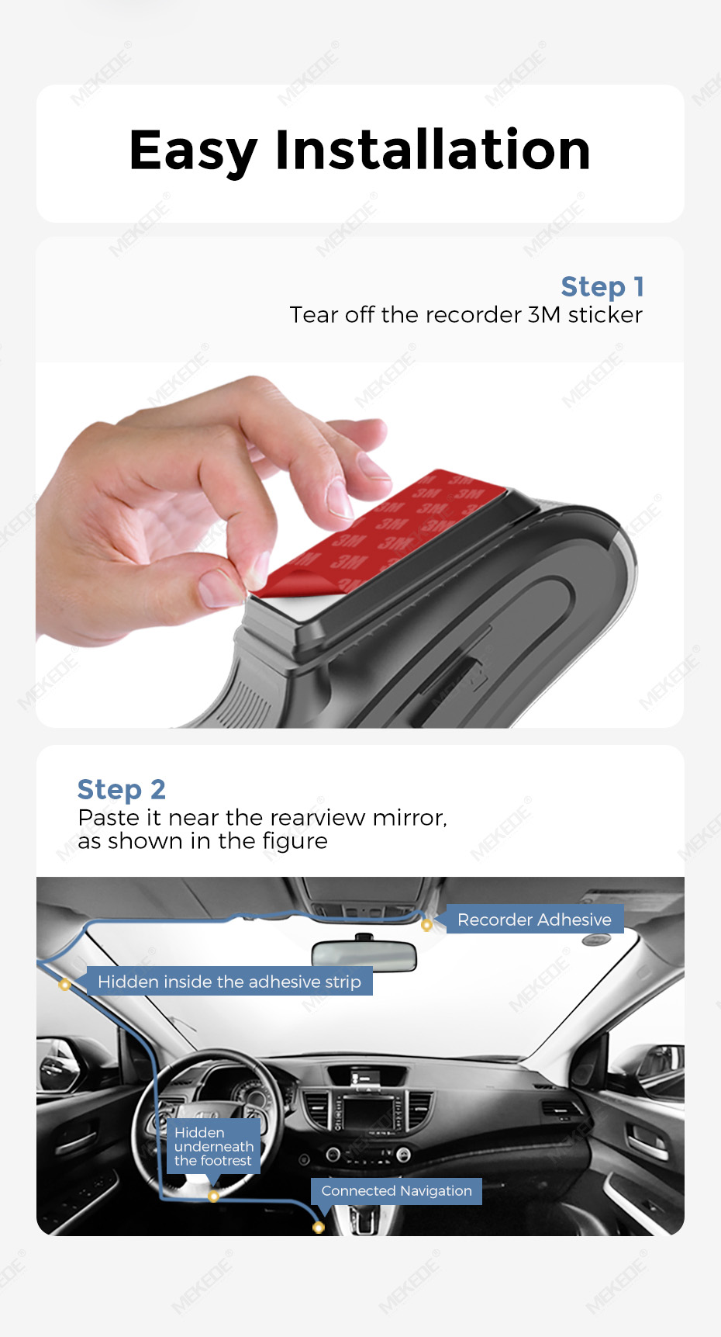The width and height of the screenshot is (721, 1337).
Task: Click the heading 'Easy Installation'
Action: [360, 151]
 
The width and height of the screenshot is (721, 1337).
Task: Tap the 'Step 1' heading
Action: [602, 287]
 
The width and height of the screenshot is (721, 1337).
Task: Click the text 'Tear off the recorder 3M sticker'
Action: [466, 315]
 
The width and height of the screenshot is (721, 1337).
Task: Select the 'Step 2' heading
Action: [122, 790]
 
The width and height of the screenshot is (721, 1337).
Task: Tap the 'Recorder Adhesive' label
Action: [534, 920]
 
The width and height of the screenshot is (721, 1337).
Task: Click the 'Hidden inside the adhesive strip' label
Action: [229, 982]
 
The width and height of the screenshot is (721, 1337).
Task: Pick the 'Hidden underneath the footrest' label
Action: [214, 1146]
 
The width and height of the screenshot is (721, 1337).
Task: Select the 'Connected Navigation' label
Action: [396, 1191]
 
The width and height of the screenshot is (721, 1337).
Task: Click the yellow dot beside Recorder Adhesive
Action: [426, 925]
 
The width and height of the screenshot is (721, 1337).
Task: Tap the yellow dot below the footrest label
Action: [213, 1197]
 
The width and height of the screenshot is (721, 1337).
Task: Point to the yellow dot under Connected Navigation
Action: [318, 1228]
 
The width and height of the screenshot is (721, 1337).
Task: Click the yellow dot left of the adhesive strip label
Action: [65, 985]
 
